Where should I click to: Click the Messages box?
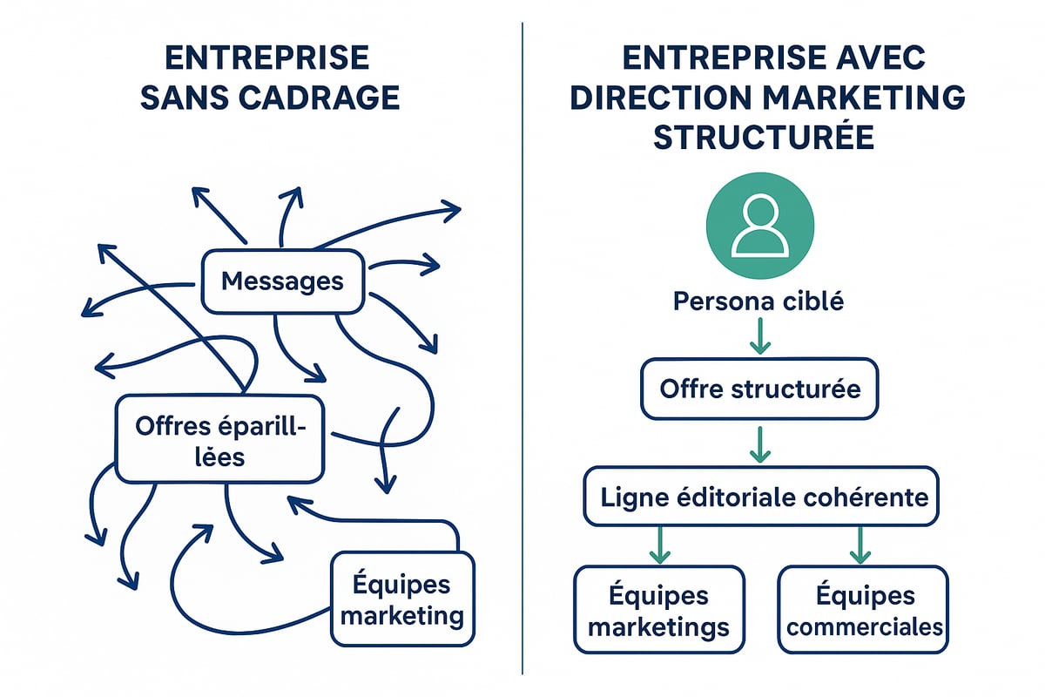coord(282,281)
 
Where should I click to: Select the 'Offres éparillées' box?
coord(219,438)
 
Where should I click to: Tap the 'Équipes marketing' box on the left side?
coord(402,599)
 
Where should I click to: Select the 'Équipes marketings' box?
coord(658,609)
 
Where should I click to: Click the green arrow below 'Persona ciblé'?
coord(759,336)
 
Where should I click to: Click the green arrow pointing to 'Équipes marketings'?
coord(659,545)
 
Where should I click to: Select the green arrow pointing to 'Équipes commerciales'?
coord(861,545)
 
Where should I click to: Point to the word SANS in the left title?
coord(182,97)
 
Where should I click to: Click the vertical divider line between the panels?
coord(522,348)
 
